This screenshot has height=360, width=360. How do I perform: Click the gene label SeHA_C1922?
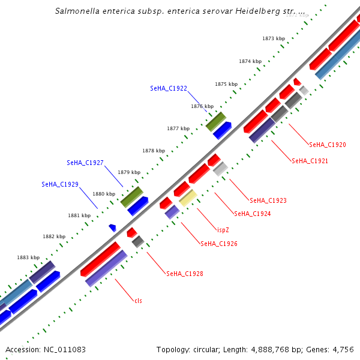[169, 88]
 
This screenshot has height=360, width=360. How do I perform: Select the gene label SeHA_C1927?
[85, 163]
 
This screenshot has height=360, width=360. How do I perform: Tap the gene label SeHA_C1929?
[60, 184]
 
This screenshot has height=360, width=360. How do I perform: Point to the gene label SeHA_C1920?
[327, 145]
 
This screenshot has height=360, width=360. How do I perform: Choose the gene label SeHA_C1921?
[310, 161]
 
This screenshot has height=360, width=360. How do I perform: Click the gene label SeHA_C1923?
[268, 200]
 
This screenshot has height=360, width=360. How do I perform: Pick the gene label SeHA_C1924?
[252, 214]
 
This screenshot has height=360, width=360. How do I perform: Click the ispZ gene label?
[222, 229]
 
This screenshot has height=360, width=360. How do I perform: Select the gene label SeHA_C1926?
[219, 244]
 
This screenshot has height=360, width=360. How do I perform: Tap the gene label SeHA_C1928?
[184, 274]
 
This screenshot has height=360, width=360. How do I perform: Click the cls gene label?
[139, 301]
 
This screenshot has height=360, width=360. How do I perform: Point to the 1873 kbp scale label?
[274, 38]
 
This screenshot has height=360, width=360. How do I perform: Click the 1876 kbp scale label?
[202, 106]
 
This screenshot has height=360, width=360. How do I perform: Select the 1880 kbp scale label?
[104, 194]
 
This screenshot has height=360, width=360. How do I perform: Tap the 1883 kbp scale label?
[28, 257]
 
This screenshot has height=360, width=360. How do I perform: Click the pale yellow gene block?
[188, 197]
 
